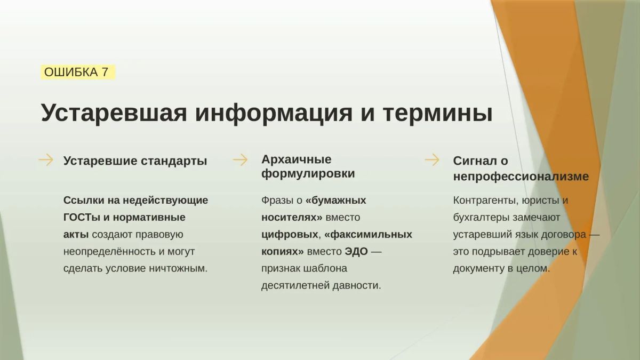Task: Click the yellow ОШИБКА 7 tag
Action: click(x=78, y=72)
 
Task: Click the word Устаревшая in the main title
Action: click(x=114, y=113)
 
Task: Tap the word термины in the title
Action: click(x=438, y=114)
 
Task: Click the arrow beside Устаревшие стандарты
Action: click(x=46, y=159)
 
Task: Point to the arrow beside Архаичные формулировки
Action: click(x=241, y=159)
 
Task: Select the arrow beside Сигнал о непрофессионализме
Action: click(x=432, y=159)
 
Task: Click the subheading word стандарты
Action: click(x=174, y=161)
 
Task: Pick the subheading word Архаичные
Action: click(x=297, y=159)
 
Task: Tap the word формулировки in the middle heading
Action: click(x=308, y=173)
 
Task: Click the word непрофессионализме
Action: click(x=521, y=177)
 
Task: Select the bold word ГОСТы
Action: click(x=82, y=218)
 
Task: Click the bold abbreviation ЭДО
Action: click(x=356, y=251)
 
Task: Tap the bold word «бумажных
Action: click(x=335, y=201)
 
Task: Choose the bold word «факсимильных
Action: click(x=369, y=235)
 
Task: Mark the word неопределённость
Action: click(x=110, y=252)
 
